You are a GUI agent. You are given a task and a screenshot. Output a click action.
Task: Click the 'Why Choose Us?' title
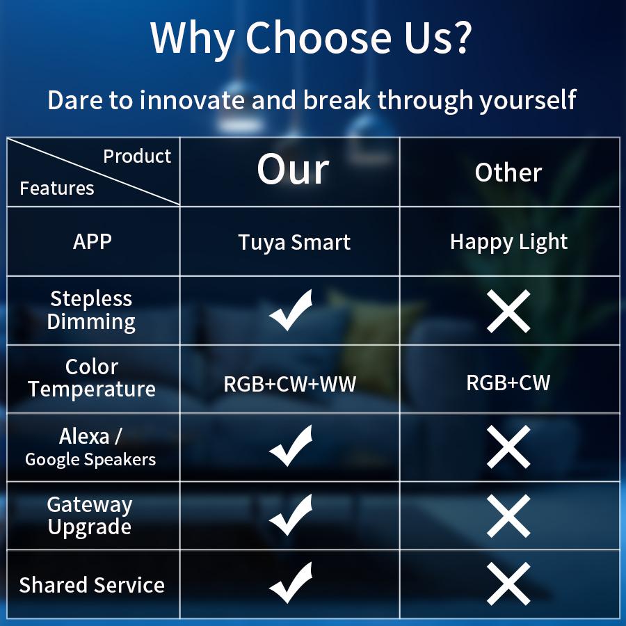312,38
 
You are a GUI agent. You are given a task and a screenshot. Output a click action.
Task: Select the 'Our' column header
292,170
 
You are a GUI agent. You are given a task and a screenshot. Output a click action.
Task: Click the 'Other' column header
508,173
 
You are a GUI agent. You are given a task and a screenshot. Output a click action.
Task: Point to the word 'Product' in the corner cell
137,156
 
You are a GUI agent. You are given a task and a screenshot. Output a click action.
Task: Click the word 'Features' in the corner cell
57,188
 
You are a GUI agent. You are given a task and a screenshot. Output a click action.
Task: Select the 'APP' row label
93,242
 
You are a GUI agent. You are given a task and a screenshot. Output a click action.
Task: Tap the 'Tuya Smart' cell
294,243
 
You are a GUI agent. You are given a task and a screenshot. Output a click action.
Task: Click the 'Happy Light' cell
508,242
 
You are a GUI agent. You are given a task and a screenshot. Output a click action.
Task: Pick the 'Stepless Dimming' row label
91,310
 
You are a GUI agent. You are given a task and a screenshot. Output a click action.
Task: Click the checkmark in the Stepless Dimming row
291,310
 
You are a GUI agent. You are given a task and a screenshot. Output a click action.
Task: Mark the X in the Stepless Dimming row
508,311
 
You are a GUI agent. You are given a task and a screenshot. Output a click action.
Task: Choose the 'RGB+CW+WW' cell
289,384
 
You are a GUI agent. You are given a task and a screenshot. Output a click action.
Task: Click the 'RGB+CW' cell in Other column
508,383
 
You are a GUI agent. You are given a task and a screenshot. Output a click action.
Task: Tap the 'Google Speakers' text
90,460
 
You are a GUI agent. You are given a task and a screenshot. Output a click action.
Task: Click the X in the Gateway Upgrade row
508,515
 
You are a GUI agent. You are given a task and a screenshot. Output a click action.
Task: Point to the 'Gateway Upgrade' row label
90,515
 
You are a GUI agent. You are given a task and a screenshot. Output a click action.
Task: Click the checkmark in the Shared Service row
291,583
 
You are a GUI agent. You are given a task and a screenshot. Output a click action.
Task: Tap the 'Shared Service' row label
92,585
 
